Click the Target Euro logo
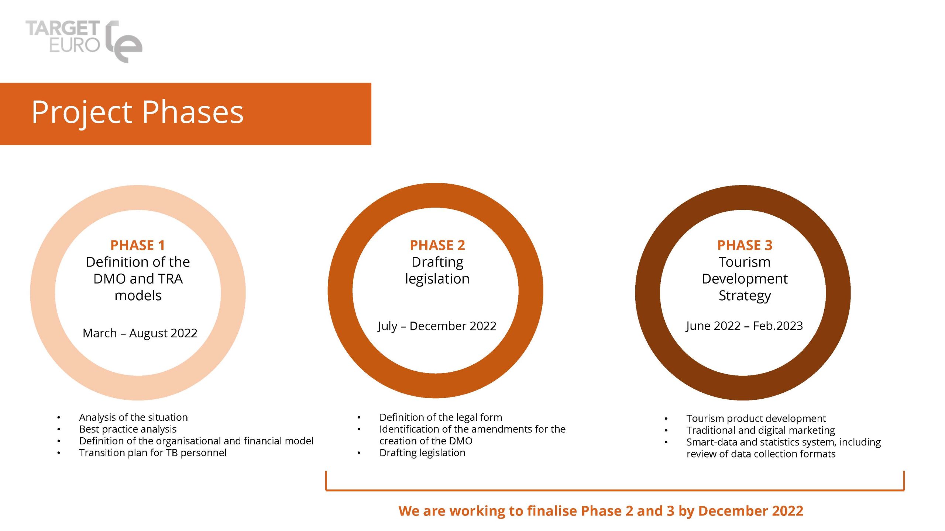point(84,41)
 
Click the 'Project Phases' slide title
point(137,112)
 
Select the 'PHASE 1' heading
point(138,245)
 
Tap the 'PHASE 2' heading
point(437,245)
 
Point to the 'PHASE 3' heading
point(745,245)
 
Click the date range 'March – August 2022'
point(140,333)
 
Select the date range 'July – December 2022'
point(437,326)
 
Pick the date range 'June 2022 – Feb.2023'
point(744,326)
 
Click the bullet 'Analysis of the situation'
point(133,417)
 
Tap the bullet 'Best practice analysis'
point(128,429)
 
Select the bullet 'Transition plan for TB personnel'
point(153,453)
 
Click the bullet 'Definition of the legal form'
point(441,417)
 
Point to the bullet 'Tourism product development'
point(756,419)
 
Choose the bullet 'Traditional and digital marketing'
point(761,430)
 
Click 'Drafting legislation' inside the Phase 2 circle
point(437,270)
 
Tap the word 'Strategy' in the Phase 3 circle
point(745,296)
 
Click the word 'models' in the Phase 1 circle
point(138,295)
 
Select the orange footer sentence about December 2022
point(601,511)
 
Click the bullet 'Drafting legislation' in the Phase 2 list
point(422,453)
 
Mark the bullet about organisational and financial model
point(196,441)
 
